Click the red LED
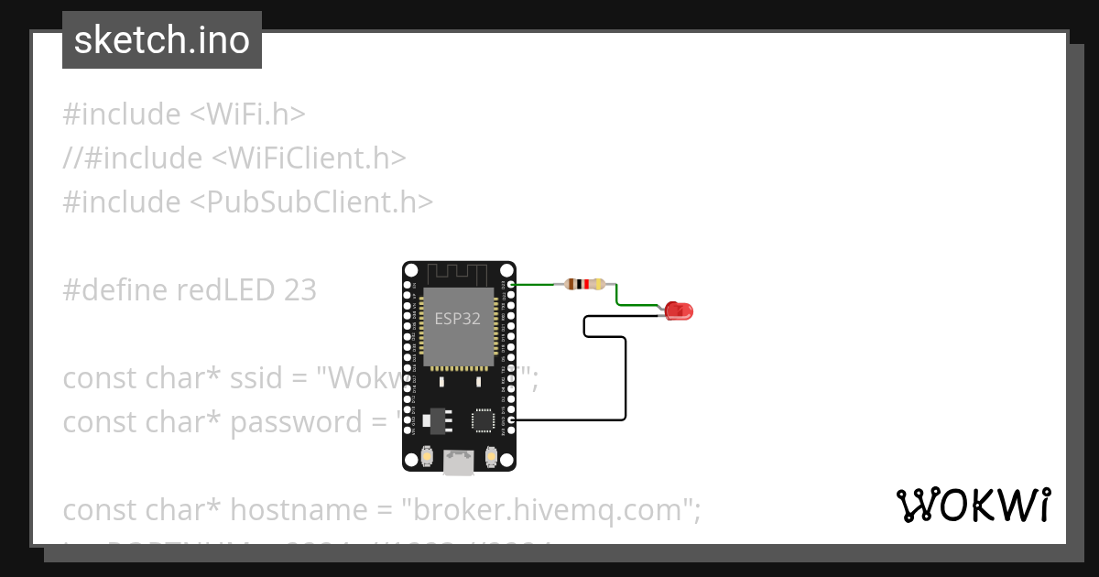click(x=679, y=310)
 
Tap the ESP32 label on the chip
click(x=457, y=319)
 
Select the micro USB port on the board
click(x=459, y=462)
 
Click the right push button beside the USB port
click(x=492, y=455)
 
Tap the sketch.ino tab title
click(x=162, y=40)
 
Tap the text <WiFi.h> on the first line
click(x=247, y=114)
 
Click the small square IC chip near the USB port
click(x=483, y=420)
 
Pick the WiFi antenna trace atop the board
click(x=459, y=272)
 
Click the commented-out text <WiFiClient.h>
click(x=309, y=158)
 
